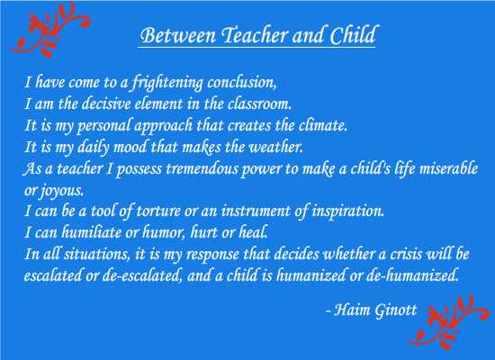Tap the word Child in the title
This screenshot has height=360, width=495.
click(353, 34)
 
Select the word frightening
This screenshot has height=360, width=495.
click(166, 83)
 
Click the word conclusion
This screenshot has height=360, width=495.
click(242, 83)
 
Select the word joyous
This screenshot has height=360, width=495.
click(61, 191)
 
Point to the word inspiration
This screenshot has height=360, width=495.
click(348, 211)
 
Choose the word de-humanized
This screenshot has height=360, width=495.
click(412, 275)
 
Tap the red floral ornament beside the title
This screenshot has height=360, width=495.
click(50, 29)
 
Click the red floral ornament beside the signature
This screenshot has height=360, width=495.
click(448, 321)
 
